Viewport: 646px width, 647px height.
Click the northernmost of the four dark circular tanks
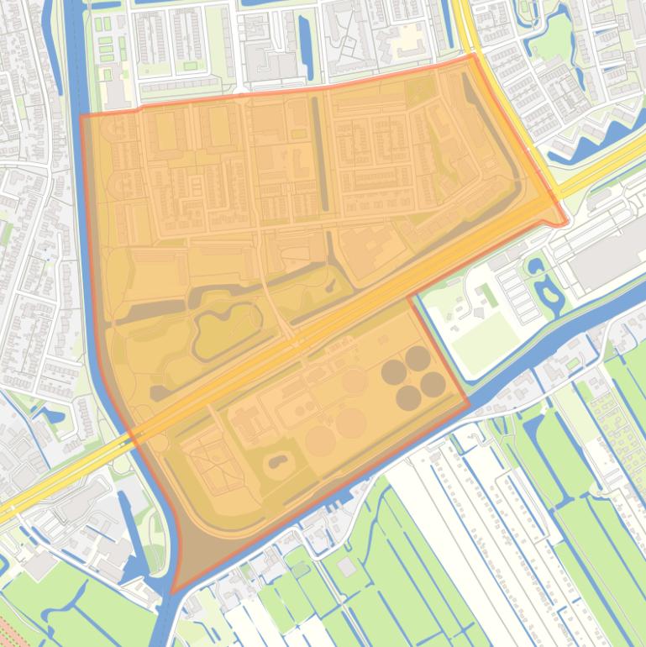pos(418,359)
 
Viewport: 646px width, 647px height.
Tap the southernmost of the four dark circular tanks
pos(409,397)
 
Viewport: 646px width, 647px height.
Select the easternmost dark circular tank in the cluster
pos(433,384)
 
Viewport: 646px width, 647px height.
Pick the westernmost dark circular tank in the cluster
pos(393,371)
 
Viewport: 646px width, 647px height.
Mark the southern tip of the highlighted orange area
pos(173,592)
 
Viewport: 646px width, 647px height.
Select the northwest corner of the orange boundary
pos(81,116)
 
